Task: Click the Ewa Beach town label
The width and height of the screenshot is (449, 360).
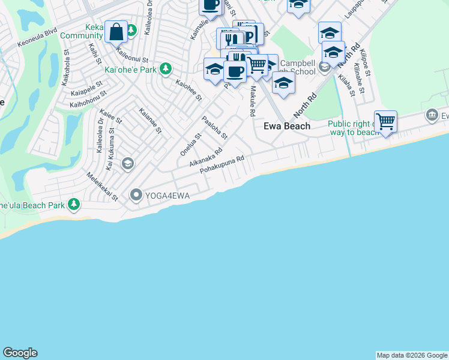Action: (288, 126)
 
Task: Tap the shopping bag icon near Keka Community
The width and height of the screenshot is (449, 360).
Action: (116, 32)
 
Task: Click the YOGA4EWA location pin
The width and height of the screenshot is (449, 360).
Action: (136, 194)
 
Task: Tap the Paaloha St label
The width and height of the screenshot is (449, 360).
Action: (214, 128)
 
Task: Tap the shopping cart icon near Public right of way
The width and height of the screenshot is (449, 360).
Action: (385, 122)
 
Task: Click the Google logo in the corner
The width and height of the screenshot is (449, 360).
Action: (20, 353)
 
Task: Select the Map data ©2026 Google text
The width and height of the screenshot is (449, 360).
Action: (412, 355)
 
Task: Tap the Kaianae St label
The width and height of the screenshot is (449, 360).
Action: (150, 121)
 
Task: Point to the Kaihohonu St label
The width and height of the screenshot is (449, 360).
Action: (88, 100)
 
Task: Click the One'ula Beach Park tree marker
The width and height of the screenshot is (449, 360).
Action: (74, 205)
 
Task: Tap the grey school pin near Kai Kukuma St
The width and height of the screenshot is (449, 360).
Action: (127, 163)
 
